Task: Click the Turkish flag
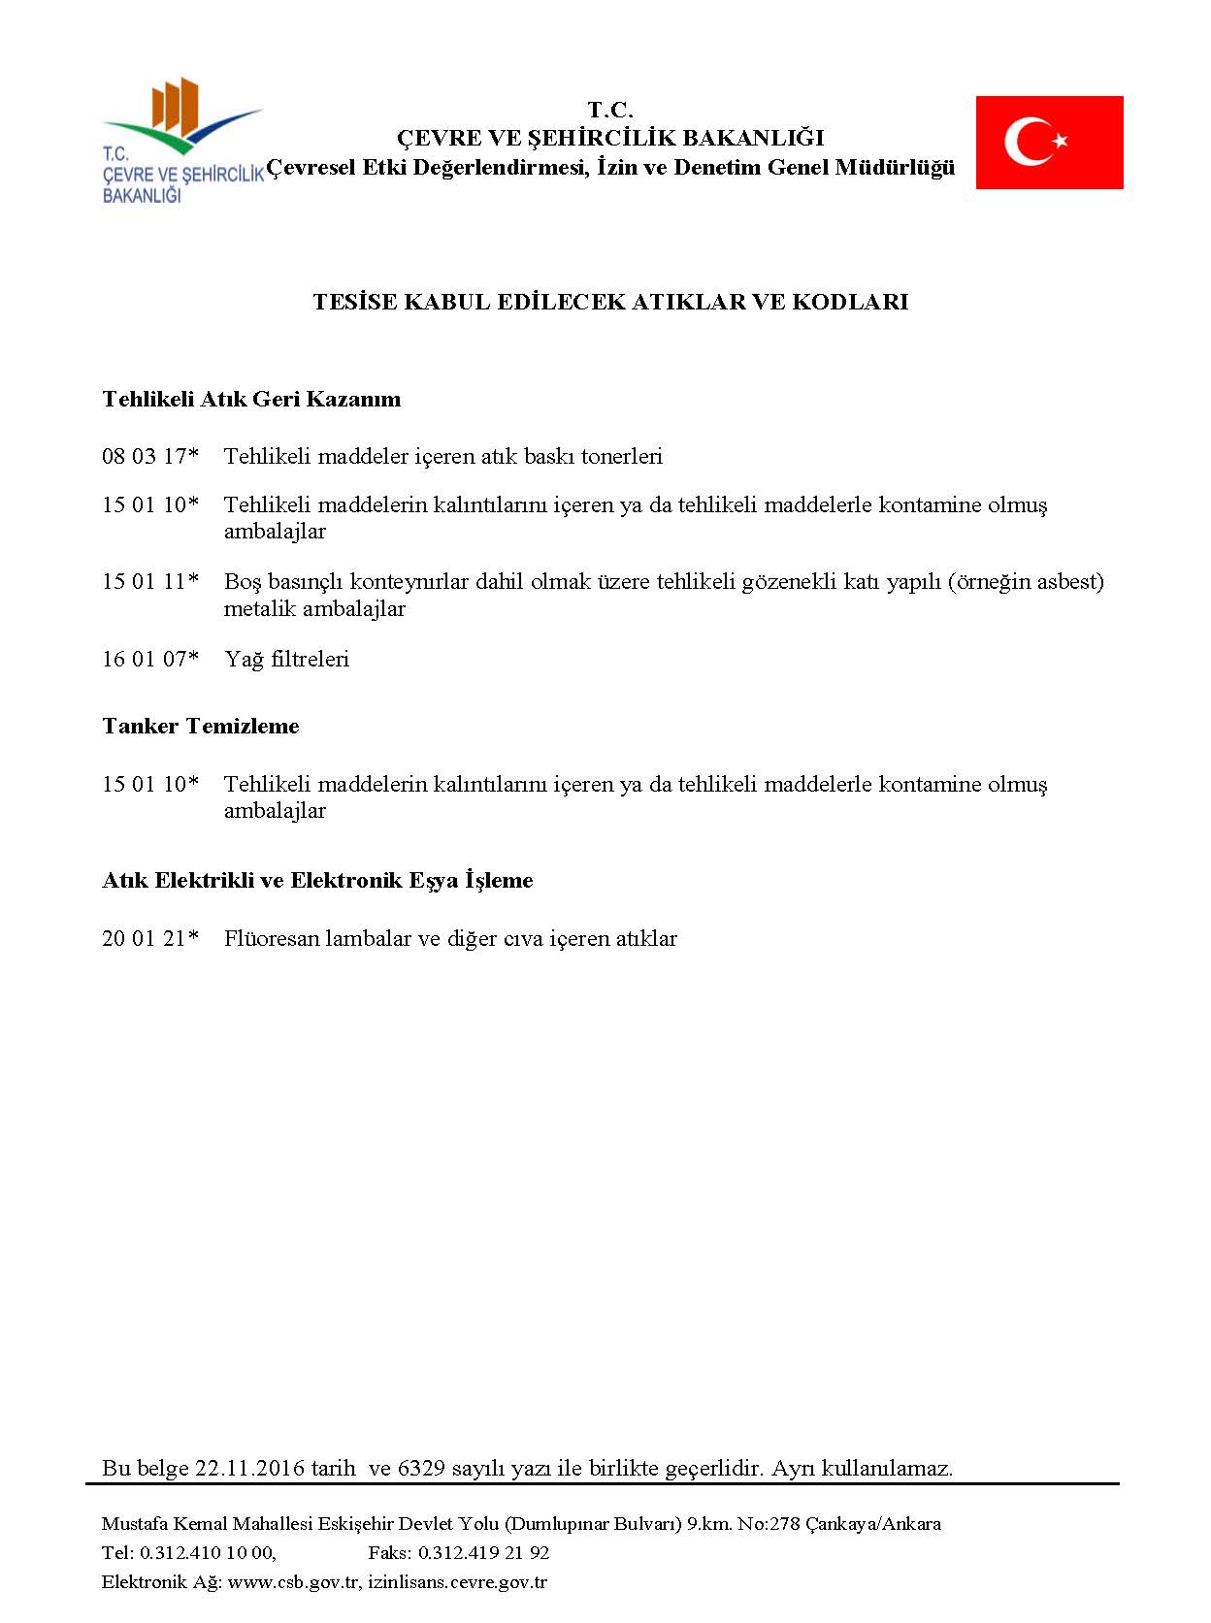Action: coord(1049,142)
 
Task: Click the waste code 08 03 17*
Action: coord(150,456)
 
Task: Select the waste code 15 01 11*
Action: coord(150,581)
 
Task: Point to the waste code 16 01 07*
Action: coord(150,659)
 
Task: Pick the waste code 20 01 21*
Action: coord(150,938)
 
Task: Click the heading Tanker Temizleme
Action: coord(201,726)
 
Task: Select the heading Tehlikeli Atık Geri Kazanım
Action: coord(251,399)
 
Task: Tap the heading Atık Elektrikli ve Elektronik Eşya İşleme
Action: coord(317,880)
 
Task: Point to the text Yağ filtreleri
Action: coord(286,659)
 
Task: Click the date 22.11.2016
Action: coord(249,1468)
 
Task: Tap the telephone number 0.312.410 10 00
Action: coord(208,1552)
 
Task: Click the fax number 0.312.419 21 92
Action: coord(483,1552)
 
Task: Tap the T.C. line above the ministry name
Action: coord(610,110)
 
